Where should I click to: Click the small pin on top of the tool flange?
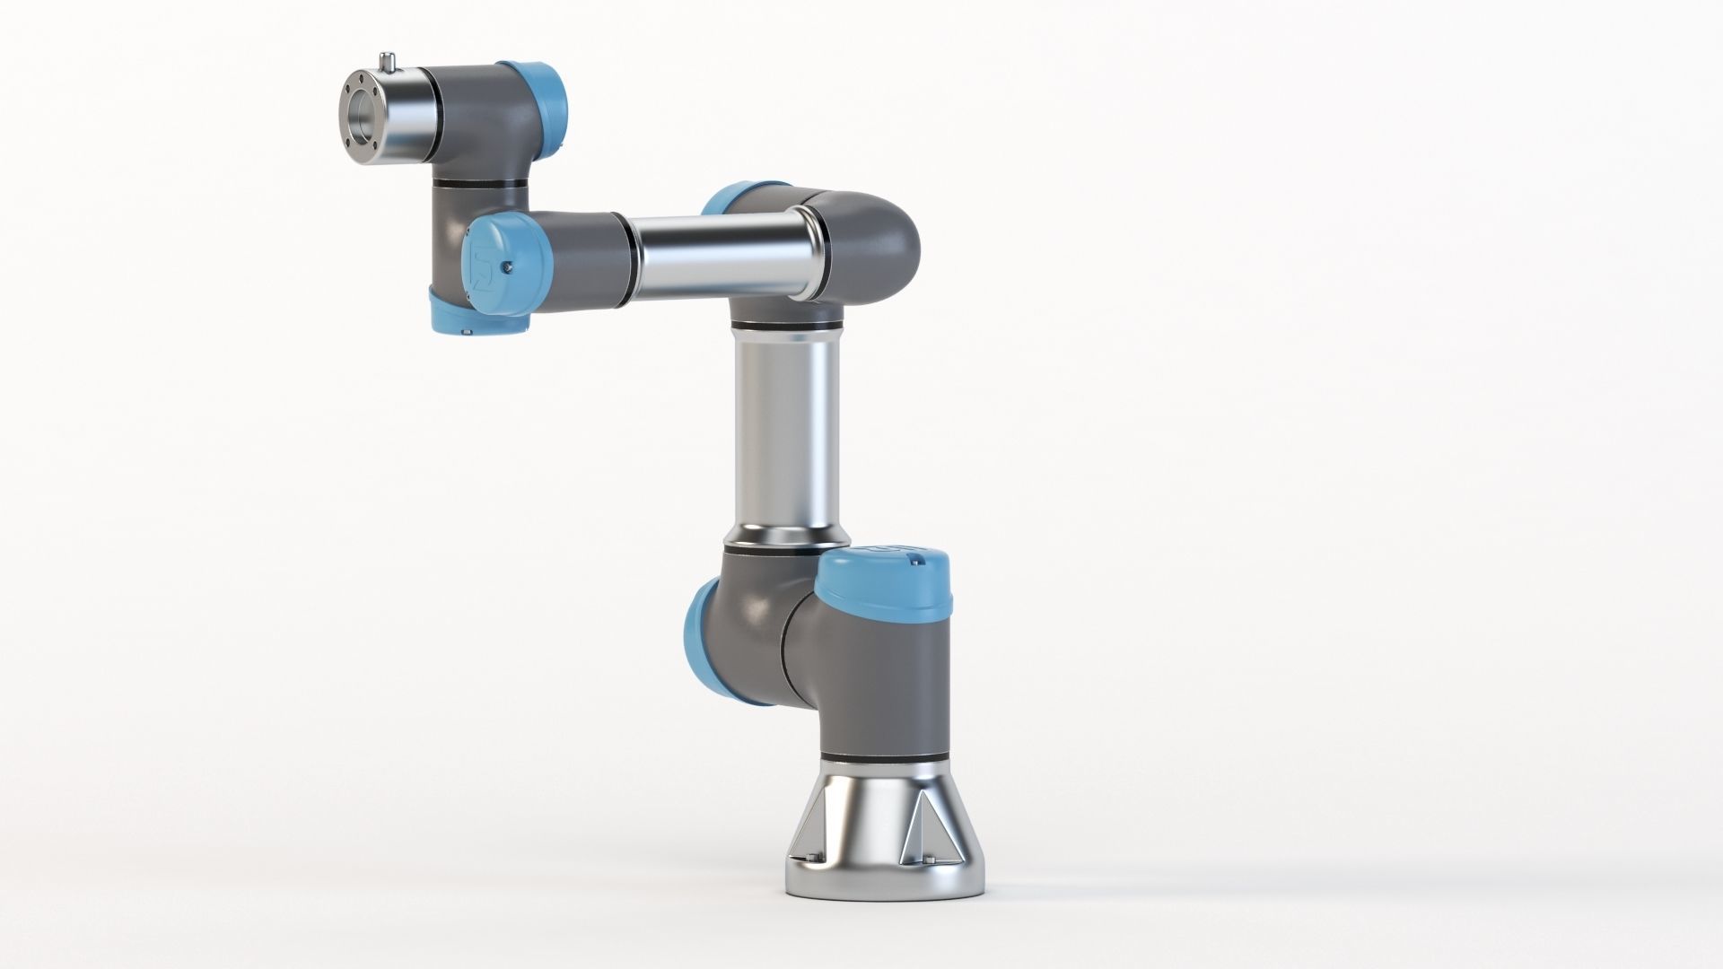click(x=389, y=63)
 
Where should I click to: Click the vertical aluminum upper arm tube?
click(x=788, y=431)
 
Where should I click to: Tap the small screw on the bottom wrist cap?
click(x=468, y=333)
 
